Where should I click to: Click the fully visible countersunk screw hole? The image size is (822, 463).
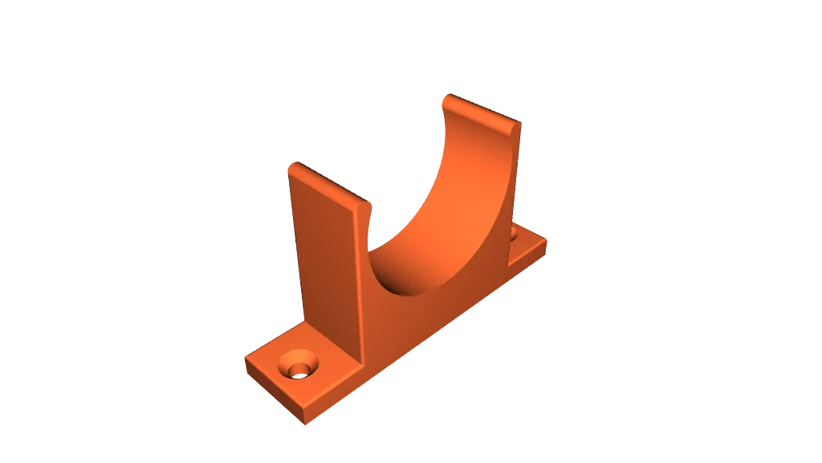coord(299,366)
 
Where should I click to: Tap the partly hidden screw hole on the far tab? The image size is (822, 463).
coord(513,234)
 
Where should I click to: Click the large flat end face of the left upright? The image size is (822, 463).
coord(325,257)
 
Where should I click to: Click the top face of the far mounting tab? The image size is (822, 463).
coord(526,241)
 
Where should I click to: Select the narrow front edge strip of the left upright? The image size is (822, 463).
coord(363,281)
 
